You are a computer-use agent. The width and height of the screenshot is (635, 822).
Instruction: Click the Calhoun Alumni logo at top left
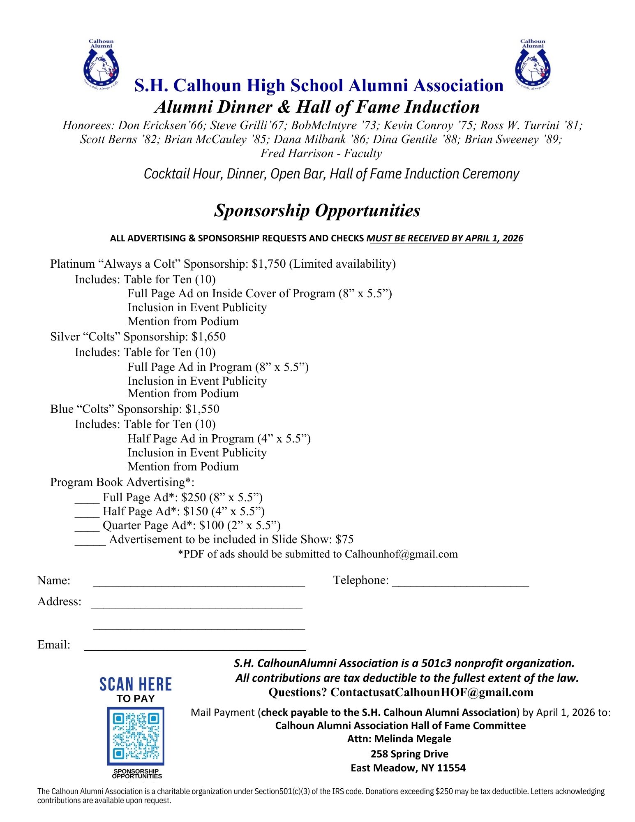101,65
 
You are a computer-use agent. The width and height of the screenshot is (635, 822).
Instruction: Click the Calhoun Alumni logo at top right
533,65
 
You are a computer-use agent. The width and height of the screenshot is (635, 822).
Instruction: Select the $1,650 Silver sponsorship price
208,337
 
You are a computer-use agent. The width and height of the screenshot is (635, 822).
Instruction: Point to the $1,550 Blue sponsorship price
202,409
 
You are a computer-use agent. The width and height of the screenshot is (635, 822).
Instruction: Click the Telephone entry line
460,581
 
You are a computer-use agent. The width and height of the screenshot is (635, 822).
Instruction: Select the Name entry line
199,582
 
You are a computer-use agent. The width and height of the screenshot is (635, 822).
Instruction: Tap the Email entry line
195,646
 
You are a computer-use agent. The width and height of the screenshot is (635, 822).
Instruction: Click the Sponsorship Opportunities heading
317,211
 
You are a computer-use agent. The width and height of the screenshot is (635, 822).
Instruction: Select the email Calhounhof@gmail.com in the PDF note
401,554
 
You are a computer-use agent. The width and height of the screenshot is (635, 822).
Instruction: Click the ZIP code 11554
451,768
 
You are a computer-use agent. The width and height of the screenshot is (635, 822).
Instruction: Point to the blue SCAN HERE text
136,684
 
